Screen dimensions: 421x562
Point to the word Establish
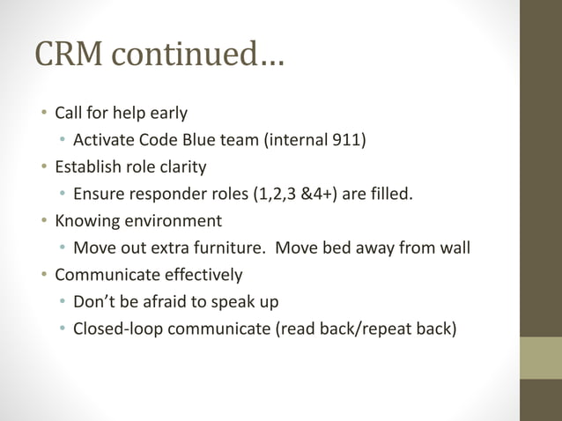pyautogui.click(x=88, y=166)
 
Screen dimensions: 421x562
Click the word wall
pyautogui.click(x=454, y=247)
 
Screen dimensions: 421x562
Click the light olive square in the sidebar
pyautogui.click(x=541, y=358)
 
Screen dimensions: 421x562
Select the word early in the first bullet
pyautogui.click(x=166, y=113)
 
